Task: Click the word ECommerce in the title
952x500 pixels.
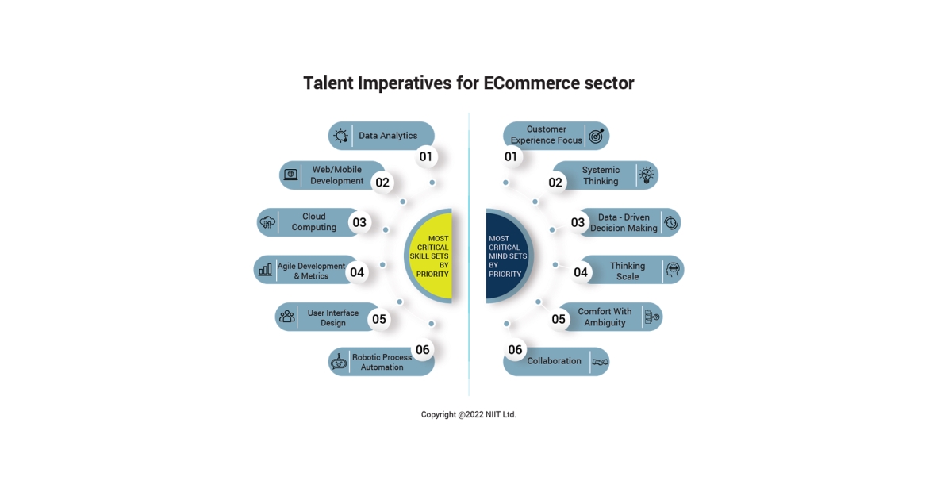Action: click(532, 83)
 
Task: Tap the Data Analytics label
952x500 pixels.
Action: click(388, 136)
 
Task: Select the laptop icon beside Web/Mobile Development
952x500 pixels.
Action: click(290, 175)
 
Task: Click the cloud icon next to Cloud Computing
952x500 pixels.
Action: click(267, 222)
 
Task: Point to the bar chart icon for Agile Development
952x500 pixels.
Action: click(265, 269)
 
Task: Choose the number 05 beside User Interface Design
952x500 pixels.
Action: click(379, 319)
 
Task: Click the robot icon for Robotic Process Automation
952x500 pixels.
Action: click(339, 362)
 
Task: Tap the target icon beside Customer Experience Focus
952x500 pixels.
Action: click(597, 136)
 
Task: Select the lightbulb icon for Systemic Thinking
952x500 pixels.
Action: click(647, 175)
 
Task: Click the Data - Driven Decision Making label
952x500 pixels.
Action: click(624, 222)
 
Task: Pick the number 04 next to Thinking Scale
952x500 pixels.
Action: click(581, 272)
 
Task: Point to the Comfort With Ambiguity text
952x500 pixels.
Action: click(605, 317)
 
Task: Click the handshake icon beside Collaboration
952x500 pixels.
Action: click(600, 362)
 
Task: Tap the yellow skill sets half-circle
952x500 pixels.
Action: click(429, 256)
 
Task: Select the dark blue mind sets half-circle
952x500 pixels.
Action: click(509, 256)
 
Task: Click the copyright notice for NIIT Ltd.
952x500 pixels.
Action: click(468, 414)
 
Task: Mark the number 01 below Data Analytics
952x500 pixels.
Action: click(425, 157)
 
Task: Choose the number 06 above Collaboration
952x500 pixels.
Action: click(515, 350)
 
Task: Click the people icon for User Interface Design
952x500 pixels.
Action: click(287, 317)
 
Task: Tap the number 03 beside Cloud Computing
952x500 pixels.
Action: click(359, 222)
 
